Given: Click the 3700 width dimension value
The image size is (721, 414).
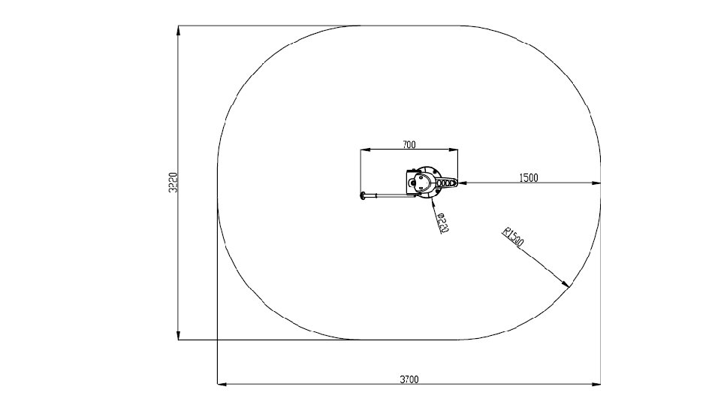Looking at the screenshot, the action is point(409,379).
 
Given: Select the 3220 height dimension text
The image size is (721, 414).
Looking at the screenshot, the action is point(173,183).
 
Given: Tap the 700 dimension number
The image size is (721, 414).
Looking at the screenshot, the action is point(409,144).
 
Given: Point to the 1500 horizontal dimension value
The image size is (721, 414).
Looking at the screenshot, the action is point(528,177).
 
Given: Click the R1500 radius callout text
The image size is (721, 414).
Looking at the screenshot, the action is point(513,237).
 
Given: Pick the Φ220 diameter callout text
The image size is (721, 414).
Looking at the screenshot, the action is point(442,223).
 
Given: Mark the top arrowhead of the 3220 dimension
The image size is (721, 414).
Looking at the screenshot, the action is point(178,30).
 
